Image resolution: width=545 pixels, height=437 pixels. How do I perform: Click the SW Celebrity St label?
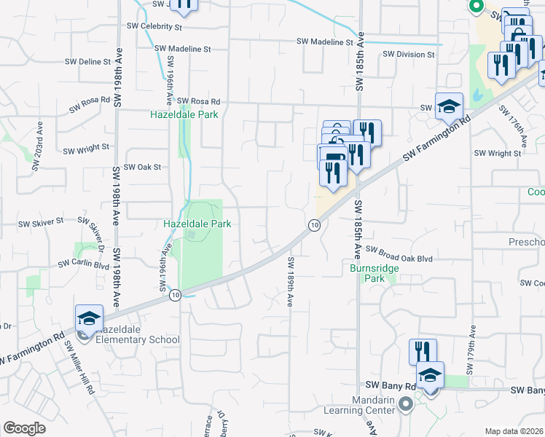[154, 27]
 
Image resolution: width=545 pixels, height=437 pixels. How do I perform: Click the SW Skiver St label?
[41, 221]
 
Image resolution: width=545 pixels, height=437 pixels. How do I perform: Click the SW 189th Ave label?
[289, 280]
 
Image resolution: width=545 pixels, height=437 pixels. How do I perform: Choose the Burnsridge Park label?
[364, 273]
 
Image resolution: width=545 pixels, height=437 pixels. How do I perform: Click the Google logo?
[24, 428]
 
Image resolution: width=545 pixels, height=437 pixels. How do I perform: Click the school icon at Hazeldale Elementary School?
[89, 318]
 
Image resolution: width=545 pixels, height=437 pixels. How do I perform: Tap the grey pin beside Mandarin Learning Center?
[406, 403]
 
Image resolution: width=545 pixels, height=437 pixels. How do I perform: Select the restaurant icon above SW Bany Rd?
[422, 351]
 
